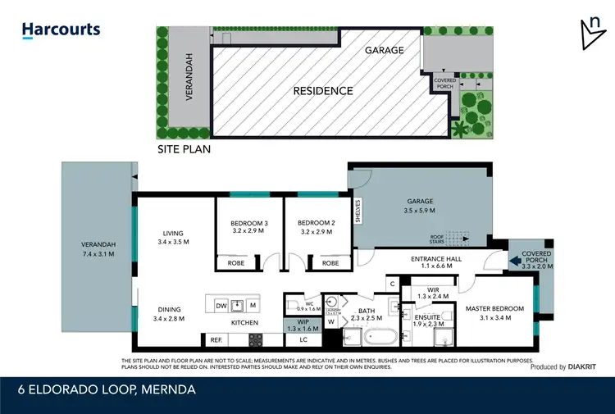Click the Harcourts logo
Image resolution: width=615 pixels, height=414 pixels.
pyautogui.click(x=61, y=30)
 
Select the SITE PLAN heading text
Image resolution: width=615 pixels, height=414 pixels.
pyautogui.click(x=184, y=149)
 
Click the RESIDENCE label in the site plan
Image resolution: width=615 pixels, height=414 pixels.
pyautogui.click(x=323, y=91)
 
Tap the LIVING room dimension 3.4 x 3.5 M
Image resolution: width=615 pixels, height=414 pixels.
pyautogui.click(x=173, y=242)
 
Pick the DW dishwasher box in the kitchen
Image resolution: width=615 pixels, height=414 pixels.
pyautogui.click(x=221, y=306)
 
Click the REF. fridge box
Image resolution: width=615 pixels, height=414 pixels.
pyautogui.click(x=216, y=339)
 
